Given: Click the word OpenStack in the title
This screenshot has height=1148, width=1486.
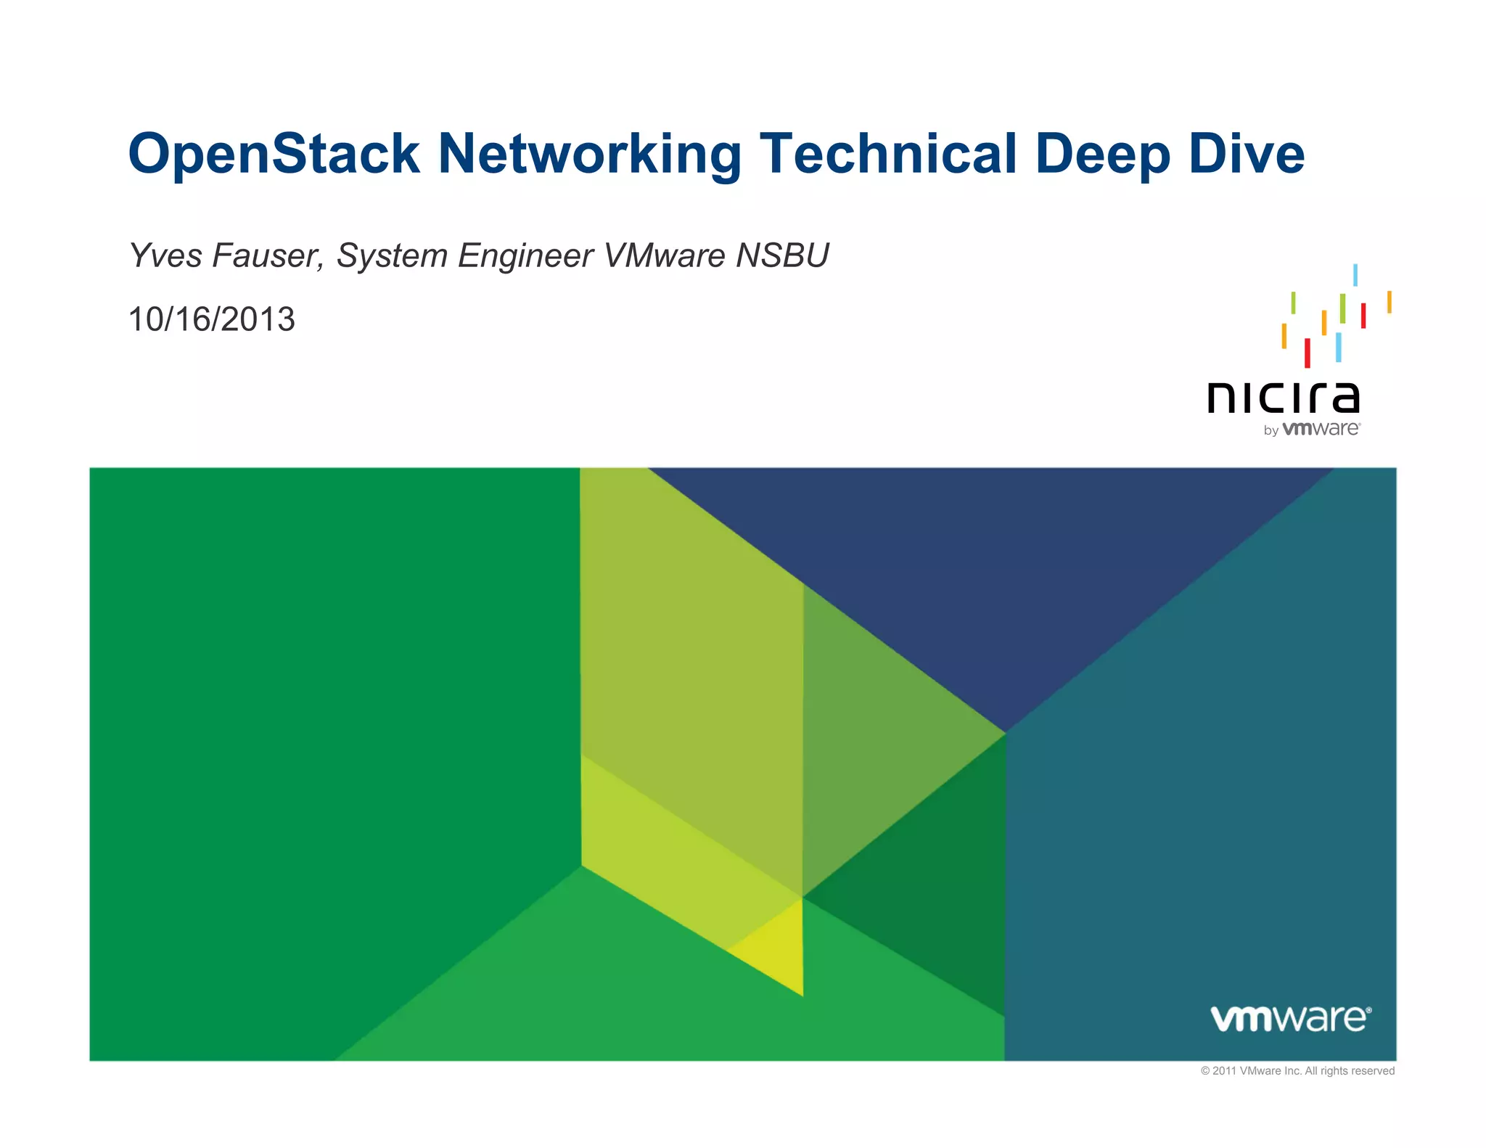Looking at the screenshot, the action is click(274, 154).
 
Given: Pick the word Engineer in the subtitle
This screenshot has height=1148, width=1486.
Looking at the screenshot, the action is click(525, 255).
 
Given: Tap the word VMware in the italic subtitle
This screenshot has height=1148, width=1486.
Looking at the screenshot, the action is click(665, 255).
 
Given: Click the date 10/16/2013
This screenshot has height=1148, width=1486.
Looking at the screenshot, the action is click(211, 319).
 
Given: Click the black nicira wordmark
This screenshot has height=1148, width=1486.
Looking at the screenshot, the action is click(1283, 397).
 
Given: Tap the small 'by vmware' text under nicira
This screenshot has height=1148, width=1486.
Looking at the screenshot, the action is click(1311, 429).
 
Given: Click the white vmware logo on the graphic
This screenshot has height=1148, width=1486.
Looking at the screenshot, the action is click(1291, 1017).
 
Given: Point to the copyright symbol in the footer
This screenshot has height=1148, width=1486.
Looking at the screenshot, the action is click(1205, 1071).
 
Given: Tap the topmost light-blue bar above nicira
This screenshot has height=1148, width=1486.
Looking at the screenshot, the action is click(1355, 274).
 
